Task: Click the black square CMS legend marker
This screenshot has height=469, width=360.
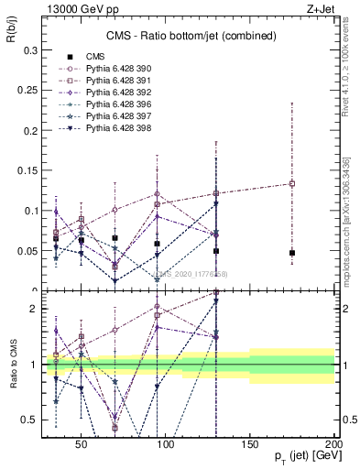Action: (68, 57)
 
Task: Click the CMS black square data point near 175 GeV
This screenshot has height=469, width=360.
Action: (292, 253)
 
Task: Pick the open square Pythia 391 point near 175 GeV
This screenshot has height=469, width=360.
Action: (292, 183)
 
